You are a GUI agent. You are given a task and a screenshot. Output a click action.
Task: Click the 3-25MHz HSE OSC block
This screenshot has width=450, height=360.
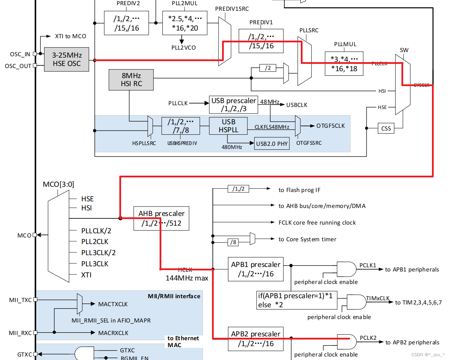click(x=67, y=59)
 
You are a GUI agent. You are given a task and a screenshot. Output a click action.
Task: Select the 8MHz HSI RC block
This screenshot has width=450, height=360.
click(x=131, y=79)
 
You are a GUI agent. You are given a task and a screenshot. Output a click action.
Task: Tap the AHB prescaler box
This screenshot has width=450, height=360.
click(x=161, y=218)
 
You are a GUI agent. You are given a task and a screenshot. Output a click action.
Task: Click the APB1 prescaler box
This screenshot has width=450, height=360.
click(x=255, y=269)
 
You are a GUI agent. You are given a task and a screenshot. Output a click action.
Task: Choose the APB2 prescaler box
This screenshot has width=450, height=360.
click(x=255, y=339)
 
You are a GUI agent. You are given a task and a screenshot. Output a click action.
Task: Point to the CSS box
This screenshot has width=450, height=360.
click(x=386, y=128)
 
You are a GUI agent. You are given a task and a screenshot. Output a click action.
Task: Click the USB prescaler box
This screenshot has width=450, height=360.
click(x=234, y=104)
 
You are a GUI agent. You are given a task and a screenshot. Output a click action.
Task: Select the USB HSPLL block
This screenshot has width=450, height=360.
click(x=228, y=126)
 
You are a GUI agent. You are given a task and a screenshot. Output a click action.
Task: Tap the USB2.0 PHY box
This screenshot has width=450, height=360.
click(x=272, y=144)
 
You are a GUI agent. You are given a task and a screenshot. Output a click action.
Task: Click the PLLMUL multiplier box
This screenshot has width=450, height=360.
click(x=344, y=64)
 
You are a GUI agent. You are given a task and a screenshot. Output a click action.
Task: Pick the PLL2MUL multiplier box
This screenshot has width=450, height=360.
click(x=185, y=23)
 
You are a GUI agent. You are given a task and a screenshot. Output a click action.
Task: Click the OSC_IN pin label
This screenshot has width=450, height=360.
click(x=20, y=54)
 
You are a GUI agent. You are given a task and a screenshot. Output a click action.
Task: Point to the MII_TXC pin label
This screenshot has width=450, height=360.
click(x=20, y=300)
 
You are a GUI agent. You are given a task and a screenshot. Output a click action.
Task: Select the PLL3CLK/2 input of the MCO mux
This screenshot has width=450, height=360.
click(x=98, y=253)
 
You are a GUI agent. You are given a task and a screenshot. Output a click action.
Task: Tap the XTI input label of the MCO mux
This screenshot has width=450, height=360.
click(x=86, y=275)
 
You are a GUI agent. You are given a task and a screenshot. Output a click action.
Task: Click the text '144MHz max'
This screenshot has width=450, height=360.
click(x=187, y=278)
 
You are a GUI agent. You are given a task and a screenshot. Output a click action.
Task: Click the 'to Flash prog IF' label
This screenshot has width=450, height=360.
click(x=299, y=190)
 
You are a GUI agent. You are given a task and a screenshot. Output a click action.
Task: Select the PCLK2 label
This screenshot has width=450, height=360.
click(x=368, y=338)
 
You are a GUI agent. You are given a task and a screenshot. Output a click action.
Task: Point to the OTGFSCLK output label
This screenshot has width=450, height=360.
click(x=330, y=126)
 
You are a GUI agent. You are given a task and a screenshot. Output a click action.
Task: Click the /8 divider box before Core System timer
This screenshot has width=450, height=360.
click(x=234, y=242)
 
